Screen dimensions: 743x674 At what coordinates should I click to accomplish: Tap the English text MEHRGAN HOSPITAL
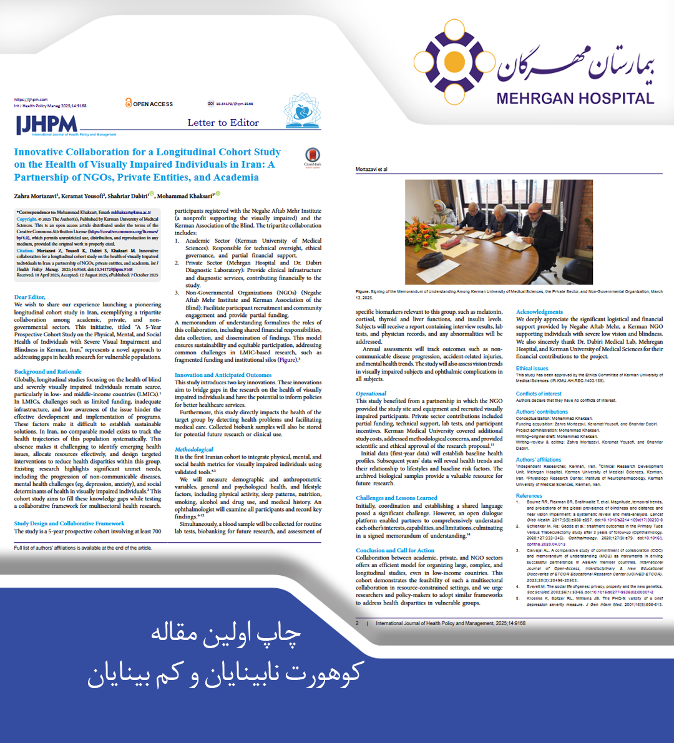pyautogui.click(x=575, y=99)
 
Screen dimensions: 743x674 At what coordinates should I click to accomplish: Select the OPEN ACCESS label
pyautogui.click(x=149, y=104)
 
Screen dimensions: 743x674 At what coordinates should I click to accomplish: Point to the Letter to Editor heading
pyautogui.click(x=223, y=123)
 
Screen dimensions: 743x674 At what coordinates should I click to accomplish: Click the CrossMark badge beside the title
pyautogui.click(x=313, y=158)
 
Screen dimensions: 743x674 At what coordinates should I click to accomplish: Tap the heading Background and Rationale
pyautogui.click(x=48, y=372)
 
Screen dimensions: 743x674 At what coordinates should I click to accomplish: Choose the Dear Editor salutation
pyautogui.click(x=29, y=298)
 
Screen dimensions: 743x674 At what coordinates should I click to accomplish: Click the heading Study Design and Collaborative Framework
pyautogui.click(x=69, y=524)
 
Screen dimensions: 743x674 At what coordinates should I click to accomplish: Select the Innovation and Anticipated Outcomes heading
pyautogui.click(x=223, y=375)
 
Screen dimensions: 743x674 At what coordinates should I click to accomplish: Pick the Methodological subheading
pyautogui.click(x=194, y=449)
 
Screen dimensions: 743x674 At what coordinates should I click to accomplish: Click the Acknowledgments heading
pyautogui.click(x=539, y=312)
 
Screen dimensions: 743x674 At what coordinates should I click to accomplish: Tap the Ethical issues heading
pyautogui.click(x=532, y=369)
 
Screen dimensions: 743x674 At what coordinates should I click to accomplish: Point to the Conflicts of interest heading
pyautogui.click(x=539, y=394)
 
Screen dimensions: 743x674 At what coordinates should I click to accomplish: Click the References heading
pyautogui.click(x=529, y=496)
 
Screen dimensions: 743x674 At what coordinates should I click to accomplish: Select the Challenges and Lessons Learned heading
pyautogui.click(x=396, y=498)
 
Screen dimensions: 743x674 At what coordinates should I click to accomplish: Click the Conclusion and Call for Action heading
pyautogui.click(x=395, y=550)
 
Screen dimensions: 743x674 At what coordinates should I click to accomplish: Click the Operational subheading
pyautogui.click(x=371, y=394)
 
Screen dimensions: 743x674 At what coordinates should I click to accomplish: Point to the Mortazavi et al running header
pyautogui.click(x=371, y=169)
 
